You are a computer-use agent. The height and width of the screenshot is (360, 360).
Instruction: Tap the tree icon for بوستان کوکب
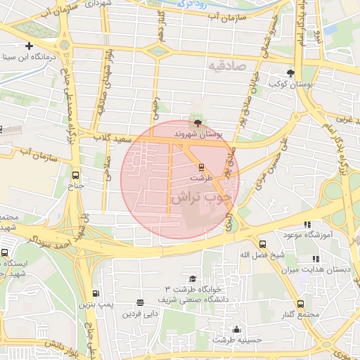point(291,73)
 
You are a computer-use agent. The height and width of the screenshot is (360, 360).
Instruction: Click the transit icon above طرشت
point(202,167)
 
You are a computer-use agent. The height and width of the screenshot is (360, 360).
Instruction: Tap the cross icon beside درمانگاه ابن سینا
point(29,45)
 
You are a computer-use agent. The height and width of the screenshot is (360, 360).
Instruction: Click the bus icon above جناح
point(76,176)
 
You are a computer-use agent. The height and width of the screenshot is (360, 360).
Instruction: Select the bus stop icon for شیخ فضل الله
point(262,243)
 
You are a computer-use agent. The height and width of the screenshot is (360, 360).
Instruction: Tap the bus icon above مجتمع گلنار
point(301,304)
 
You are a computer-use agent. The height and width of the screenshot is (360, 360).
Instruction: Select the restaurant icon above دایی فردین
point(140,302)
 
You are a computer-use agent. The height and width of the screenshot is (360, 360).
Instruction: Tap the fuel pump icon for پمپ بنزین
point(96,293)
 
